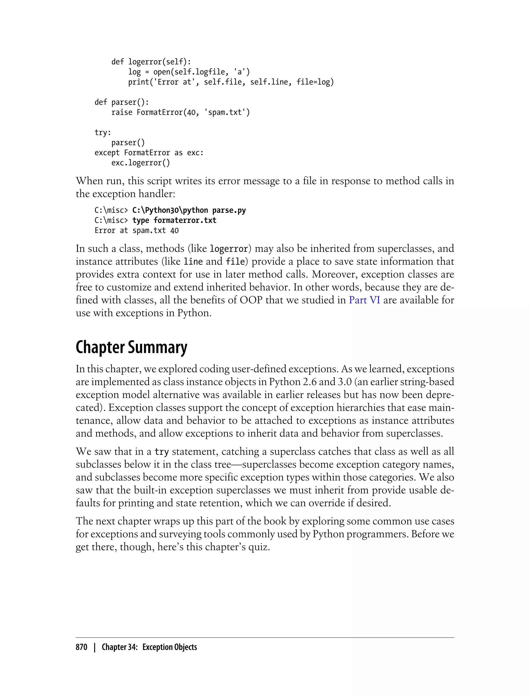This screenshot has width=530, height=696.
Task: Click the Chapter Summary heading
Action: [x=131, y=347]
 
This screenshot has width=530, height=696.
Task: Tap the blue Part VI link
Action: [x=364, y=300]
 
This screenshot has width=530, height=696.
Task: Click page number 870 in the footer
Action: [x=82, y=647]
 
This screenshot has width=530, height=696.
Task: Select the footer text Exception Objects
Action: [x=170, y=647]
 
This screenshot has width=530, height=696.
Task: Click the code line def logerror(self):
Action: [x=151, y=62]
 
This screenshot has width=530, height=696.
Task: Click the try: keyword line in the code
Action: [x=103, y=133]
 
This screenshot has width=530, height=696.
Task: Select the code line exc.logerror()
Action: [x=140, y=163]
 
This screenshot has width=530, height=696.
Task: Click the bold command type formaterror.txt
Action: [x=174, y=220]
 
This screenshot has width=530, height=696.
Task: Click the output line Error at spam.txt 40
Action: [x=137, y=230]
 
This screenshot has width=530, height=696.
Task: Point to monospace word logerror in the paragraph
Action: [x=229, y=249]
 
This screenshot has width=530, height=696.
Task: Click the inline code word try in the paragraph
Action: [x=161, y=452]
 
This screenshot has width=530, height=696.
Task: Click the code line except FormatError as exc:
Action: [x=149, y=153]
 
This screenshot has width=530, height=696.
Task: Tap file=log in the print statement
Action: [x=314, y=82]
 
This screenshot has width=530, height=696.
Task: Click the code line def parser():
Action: [x=121, y=102]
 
